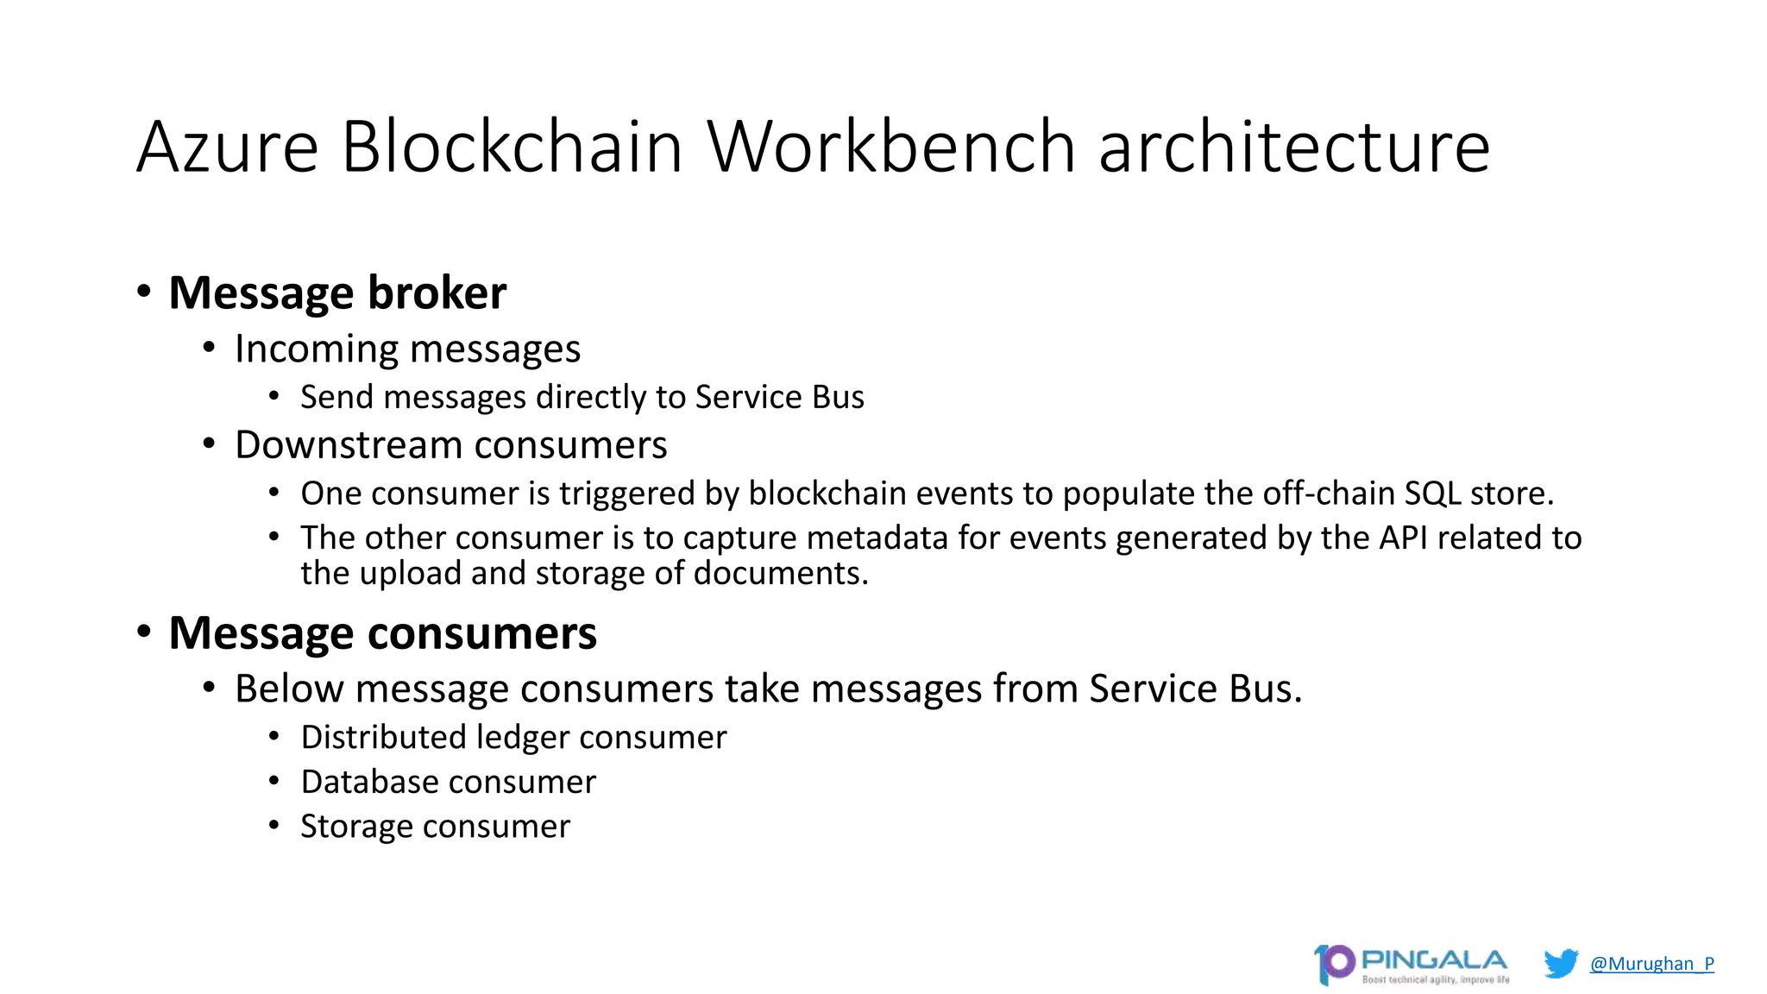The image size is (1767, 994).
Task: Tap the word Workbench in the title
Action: click(x=891, y=147)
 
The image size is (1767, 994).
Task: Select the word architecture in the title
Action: click(x=1293, y=147)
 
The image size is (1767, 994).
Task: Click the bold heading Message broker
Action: click(x=337, y=293)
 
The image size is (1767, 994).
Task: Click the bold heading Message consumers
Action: click(x=382, y=632)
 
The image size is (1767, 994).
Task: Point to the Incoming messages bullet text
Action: click(x=407, y=349)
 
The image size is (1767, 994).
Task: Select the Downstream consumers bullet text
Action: click(x=450, y=445)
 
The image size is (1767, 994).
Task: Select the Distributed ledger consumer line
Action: click(x=513, y=738)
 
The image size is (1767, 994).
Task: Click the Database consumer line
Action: click(x=448, y=782)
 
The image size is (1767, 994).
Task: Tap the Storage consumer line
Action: click(x=435, y=827)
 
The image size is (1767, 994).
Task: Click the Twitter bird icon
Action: click(x=1561, y=963)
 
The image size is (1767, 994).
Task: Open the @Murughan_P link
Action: click(x=1651, y=963)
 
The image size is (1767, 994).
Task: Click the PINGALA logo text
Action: click(x=1433, y=959)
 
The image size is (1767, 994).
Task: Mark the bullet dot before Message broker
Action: click(x=144, y=292)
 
